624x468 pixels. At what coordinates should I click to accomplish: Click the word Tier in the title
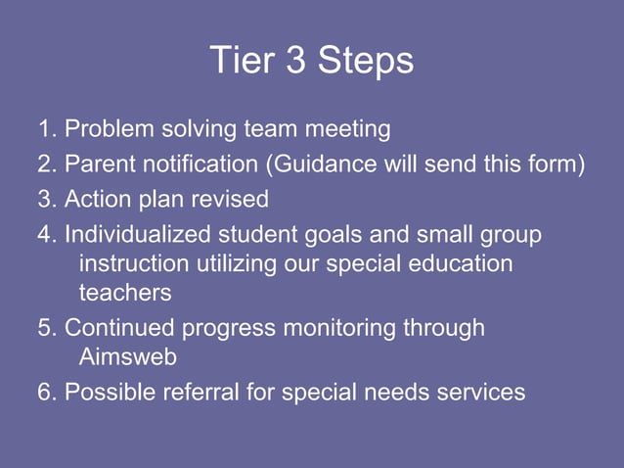point(236,62)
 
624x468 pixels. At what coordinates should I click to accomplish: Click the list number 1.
point(44,129)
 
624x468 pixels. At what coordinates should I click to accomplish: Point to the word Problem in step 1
point(108,129)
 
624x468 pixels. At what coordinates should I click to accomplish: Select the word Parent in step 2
point(99,164)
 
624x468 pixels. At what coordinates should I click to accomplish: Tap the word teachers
point(124,292)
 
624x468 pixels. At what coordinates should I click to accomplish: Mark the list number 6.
point(44,393)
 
